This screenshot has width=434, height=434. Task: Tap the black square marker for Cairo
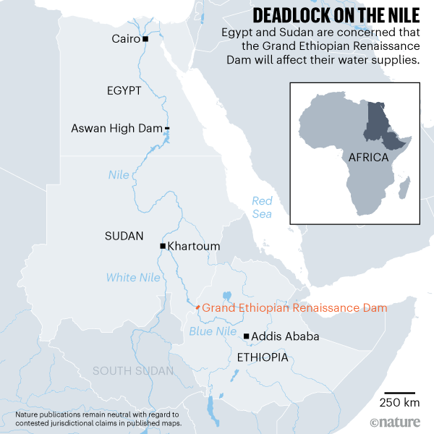[x=145, y=38]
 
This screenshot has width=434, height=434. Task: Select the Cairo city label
[x=126, y=38]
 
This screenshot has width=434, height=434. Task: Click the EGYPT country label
[x=124, y=90]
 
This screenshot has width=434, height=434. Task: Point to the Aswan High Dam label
[x=116, y=129]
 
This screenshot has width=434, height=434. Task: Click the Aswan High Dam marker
[x=167, y=129]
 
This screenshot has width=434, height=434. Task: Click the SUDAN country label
[x=124, y=237]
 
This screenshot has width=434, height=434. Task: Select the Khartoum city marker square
[x=163, y=247]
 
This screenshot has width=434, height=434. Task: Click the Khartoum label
[x=194, y=247]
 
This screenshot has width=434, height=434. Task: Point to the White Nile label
[x=133, y=277]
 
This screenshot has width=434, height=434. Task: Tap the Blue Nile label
[x=213, y=332]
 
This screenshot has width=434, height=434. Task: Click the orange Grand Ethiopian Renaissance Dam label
[x=294, y=307]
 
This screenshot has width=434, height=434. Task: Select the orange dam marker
[x=197, y=307]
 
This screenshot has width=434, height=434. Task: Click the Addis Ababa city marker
[x=247, y=336]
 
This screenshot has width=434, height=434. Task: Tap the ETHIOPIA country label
[x=263, y=358]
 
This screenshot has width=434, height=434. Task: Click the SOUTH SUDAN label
[x=133, y=371]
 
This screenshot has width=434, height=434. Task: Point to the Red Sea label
[x=262, y=207]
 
